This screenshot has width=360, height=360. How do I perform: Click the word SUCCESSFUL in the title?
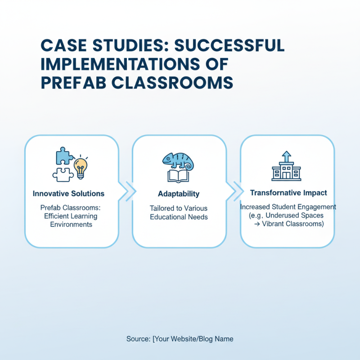click(x=229, y=45)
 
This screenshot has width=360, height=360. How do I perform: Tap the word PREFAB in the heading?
click(x=73, y=83)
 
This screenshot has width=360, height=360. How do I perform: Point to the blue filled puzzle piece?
click(x=64, y=156)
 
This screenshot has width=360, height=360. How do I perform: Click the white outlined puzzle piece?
click(x=63, y=174)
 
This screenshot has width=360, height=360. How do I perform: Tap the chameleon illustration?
click(x=178, y=161)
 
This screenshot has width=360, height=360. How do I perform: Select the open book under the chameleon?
click(x=178, y=176)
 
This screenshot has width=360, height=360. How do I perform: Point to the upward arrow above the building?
click(x=287, y=157)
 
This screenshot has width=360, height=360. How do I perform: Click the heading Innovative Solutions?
click(x=68, y=193)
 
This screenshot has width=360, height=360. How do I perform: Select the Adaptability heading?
click(x=179, y=194)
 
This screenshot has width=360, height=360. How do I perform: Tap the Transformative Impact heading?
click(x=288, y=193)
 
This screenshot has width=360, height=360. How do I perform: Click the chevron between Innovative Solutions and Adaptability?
click(x=131, y=192)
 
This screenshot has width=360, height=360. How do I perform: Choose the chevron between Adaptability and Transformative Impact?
click(x=239, y=192)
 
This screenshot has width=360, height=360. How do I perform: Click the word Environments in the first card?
click(x=71, y=224)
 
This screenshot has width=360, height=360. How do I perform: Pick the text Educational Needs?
click(x=179, y=217)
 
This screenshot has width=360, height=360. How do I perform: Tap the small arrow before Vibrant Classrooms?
click(x=257, y=224)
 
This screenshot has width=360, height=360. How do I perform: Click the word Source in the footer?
click(x=138, y=339)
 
